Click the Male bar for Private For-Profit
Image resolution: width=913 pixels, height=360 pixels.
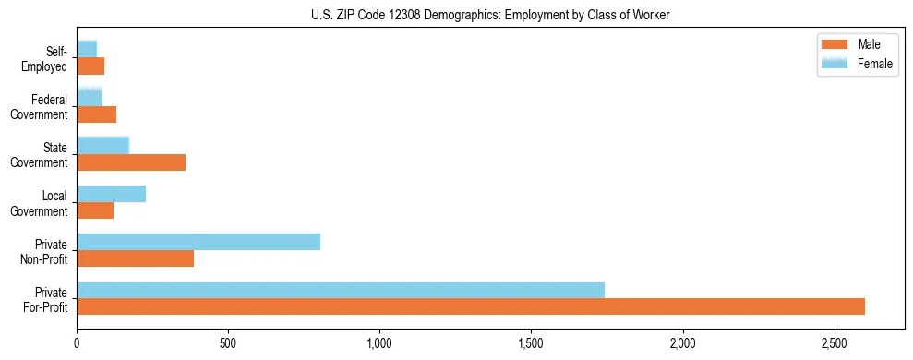click(x=471, y=307)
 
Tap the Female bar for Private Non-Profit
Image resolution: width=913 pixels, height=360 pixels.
click(x=198, y=242)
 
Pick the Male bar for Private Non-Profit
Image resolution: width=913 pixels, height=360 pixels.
click(x=135, y=259)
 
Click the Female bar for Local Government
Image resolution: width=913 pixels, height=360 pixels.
click(x=111, y=194)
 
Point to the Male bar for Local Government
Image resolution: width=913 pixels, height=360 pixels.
click(x=95, y=211)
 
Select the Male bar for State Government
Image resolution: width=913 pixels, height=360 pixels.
click(x=131, y=163)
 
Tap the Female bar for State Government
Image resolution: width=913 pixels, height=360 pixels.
click(x=102, y=145)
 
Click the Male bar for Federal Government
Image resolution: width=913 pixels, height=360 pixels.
click(x=96, y=115)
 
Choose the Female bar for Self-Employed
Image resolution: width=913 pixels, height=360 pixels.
click(x=87, y=49)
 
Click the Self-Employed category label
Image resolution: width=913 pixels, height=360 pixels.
click(x=48, y=58)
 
